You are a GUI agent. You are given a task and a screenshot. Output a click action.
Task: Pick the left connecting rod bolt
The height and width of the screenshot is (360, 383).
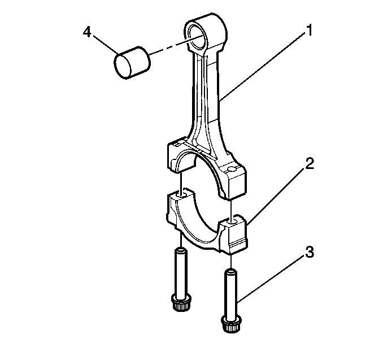click(181, 277)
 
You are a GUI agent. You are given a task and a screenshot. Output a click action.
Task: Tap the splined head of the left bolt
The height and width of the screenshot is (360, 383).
click(181, 304)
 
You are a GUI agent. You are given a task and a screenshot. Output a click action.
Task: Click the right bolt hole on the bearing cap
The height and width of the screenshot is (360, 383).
click(231, 221)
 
